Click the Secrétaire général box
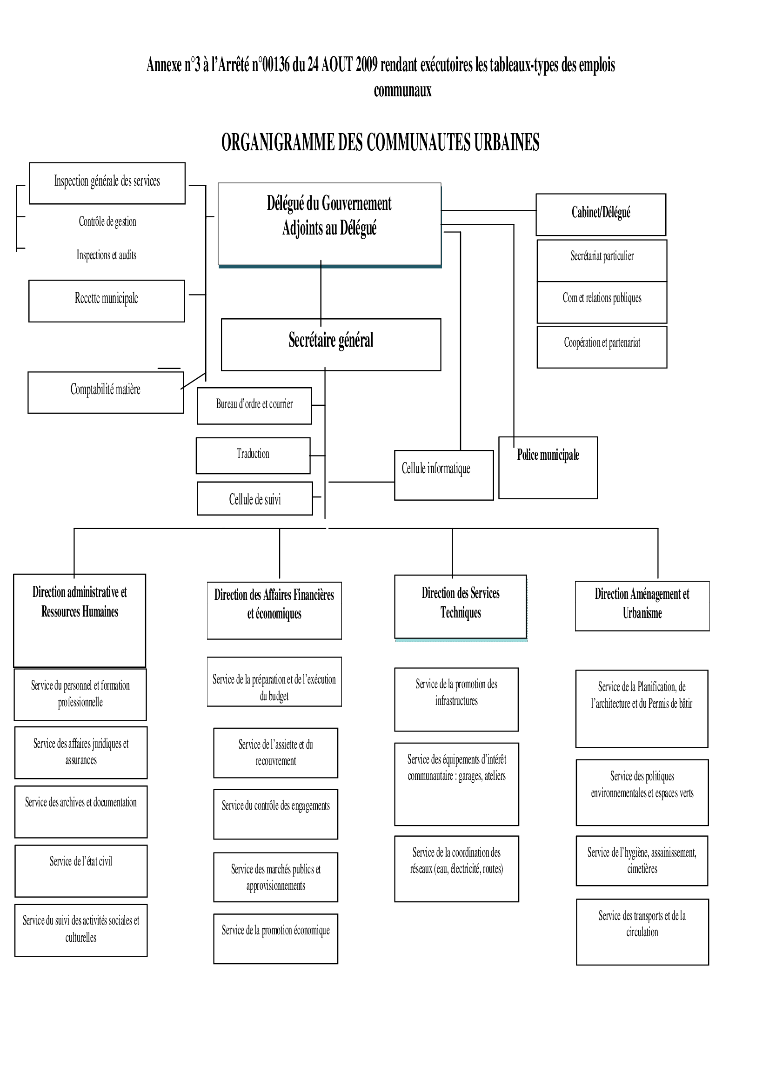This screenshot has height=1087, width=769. click(x=330, y=344)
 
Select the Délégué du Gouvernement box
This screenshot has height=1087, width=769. click(x=329, y=223)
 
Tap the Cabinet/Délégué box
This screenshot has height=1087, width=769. click(x=601, y=214)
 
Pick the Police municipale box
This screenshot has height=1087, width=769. click(x=548, y=467)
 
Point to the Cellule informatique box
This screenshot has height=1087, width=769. click(x=444, y=475)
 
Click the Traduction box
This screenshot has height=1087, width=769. click(x=254, y=455)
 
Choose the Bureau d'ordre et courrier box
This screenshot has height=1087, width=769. click(x=254, y=405)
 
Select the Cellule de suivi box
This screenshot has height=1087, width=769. click(x=255, y=498)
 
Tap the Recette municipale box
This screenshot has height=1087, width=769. click(x=107, y=301)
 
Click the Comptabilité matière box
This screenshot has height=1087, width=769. click(x=106, y=392)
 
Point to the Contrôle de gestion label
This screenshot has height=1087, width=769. click(x=107, y=221)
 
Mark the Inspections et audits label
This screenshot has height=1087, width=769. click(x=107, y=255)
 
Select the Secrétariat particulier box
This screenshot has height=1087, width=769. click(x=602, y=260)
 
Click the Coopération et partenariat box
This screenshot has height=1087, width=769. click(x=602, y=346)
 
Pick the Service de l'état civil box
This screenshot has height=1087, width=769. click(x=81, y=870)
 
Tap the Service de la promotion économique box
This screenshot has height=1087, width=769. click(x=275, y=938)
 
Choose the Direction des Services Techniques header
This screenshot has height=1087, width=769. click(x=460, y=606)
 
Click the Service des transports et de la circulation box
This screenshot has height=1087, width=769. click(x=642, y=931)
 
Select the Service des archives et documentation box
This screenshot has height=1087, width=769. click(x=81, y=812)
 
